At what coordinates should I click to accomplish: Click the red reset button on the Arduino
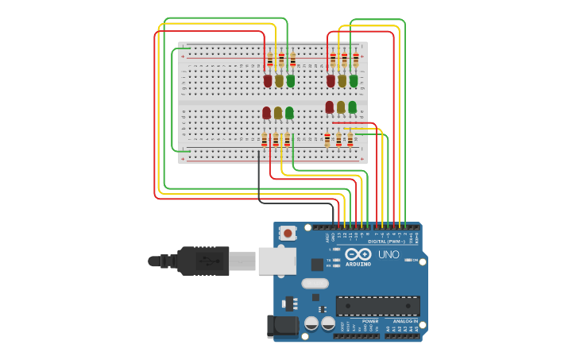point(287,234)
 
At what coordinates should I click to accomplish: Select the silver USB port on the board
point(276,261)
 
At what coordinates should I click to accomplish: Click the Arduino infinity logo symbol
point(358,254)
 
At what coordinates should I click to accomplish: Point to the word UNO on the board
point(389,254)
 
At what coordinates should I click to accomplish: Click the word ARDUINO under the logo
point(358,264)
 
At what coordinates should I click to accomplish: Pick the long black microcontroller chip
point(377,306)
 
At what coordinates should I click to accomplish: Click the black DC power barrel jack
point(282,326)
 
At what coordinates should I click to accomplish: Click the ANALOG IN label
point(404,321)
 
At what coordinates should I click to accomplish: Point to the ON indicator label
point(415,260)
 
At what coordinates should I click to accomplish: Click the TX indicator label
point(329,260)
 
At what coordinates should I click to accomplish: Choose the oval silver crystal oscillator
point(315,283)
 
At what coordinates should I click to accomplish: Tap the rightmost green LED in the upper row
point(354,80)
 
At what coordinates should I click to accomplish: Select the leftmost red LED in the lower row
point(266,113)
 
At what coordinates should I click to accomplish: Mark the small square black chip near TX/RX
point(317,265)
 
